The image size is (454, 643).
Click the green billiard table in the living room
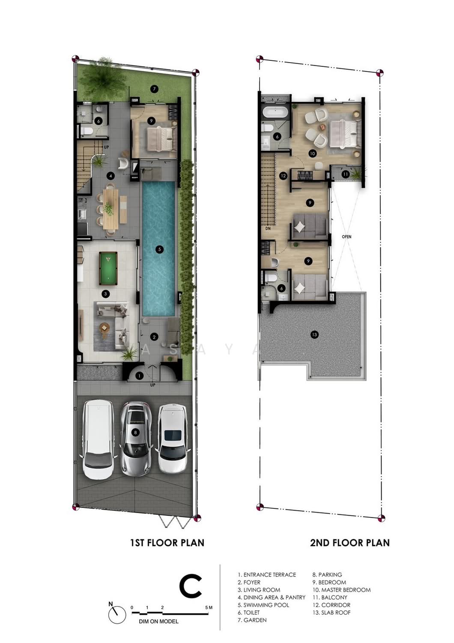[x=108, y=268]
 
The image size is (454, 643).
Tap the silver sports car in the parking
[x=135, y=439]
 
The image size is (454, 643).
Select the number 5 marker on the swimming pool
[x=159, y=249]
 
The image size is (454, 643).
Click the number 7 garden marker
[x=154, y=89]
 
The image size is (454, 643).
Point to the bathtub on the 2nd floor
[x=275, y=112]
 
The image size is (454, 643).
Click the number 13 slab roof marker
[x=314, y=334]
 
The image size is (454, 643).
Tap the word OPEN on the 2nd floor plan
[x=346, y=237]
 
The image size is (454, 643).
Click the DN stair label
[x=268, y=228]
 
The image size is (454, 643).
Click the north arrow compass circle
[x=117, y=615]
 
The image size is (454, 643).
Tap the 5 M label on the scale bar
[x=209, y=607]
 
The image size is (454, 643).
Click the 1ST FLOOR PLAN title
[x=167, y=543]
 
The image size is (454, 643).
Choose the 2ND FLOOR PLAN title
[x=350, y=543]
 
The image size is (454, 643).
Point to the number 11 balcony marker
[x=346, y=174]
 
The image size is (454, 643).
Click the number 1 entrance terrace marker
[x=139, y=376]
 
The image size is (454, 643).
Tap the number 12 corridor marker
[x=284, y=176]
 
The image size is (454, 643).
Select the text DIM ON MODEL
[x=158, y=622]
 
